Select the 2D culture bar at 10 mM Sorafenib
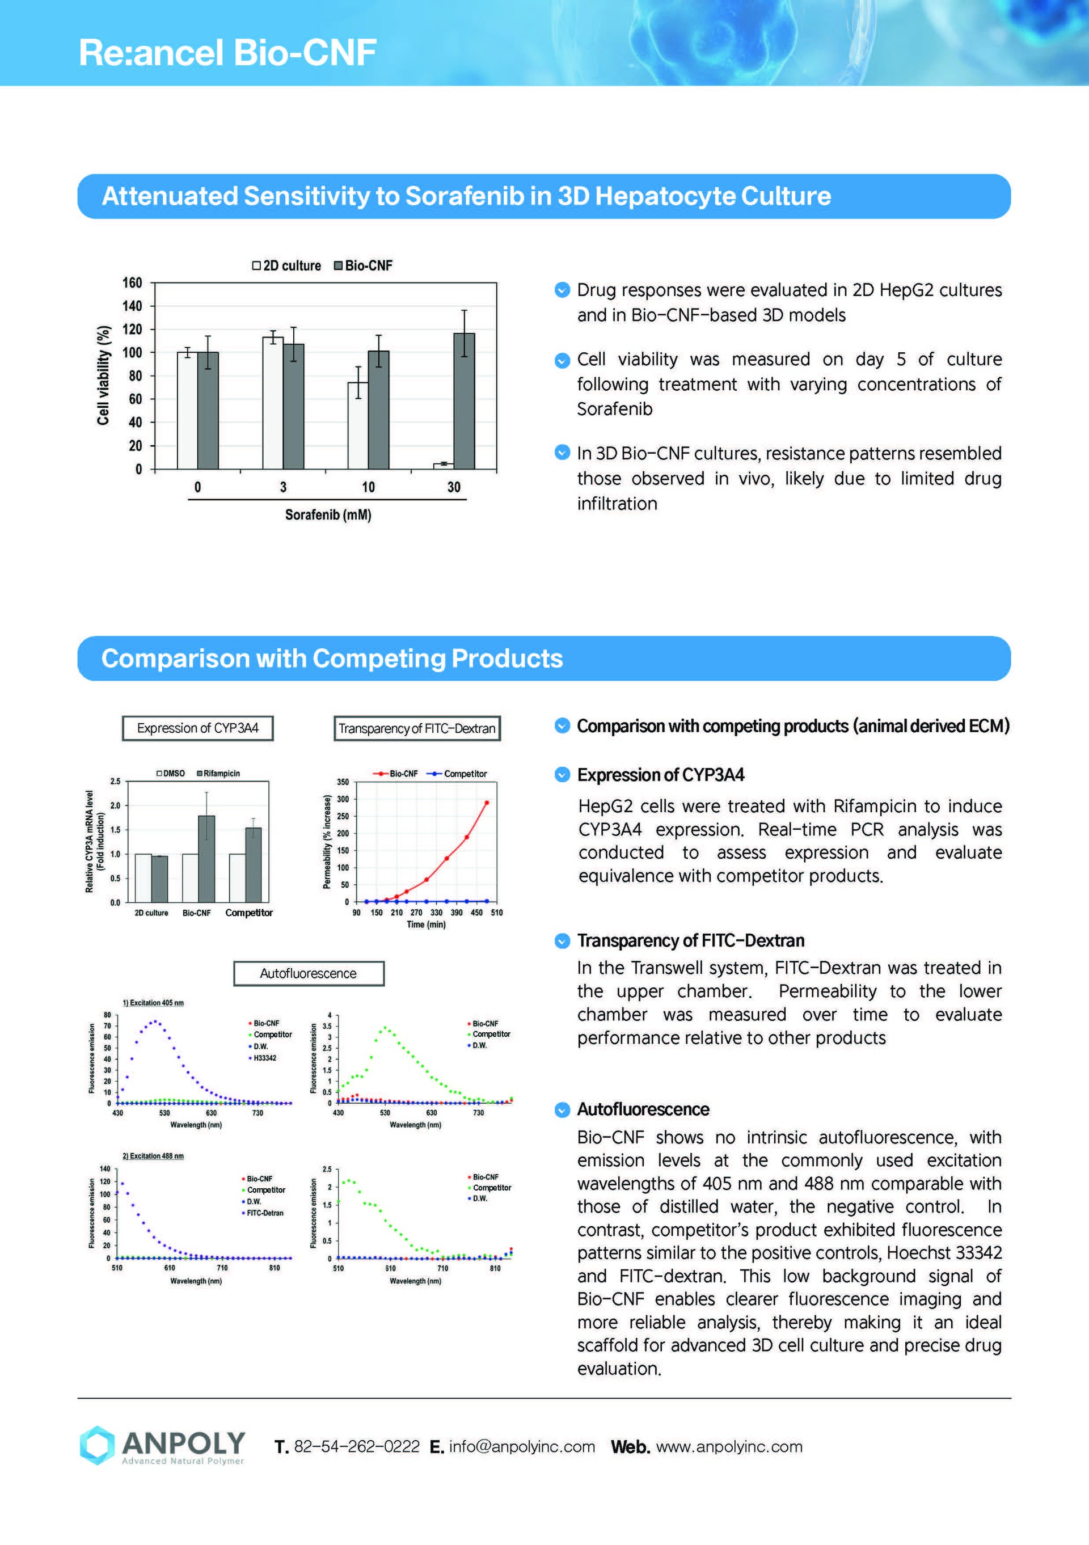357,425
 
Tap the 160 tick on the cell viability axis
132,282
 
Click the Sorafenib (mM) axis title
328,515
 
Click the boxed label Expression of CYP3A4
197,728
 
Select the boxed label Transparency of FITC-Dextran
417,728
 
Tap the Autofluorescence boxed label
308,973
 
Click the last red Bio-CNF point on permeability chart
487,803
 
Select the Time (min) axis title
425,925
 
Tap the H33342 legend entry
264,1058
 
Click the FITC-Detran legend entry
264,1213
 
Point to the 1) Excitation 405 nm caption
153,1003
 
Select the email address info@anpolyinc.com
522,1446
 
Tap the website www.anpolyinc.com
729,1446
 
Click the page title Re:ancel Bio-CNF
227,53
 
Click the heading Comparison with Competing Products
332,658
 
